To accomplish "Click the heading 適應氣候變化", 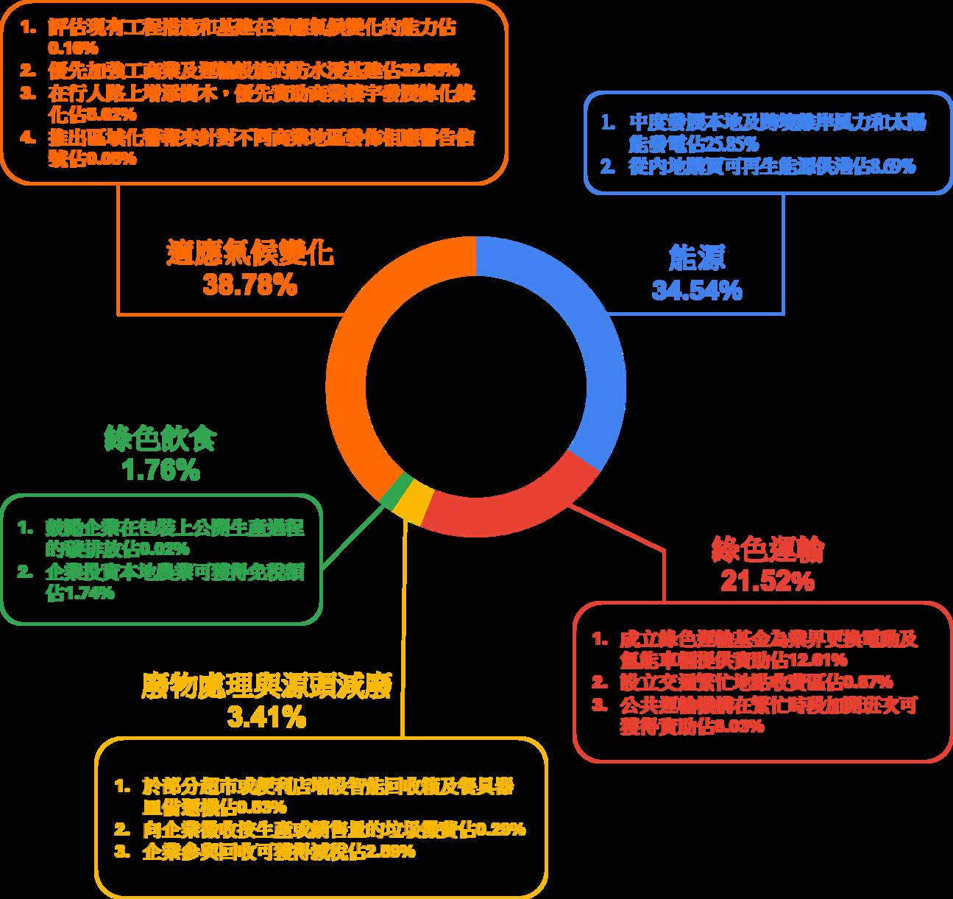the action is pos(250,253).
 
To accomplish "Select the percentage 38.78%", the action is pos(250,285).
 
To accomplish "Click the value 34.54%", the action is pos(696,290).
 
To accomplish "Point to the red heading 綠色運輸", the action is pos(768,549).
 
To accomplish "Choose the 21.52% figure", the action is pos(768,582).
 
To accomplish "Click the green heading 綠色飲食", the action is pos(160,439).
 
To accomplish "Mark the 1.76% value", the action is pos(160,470).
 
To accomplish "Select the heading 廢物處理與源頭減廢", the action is pos(266,685).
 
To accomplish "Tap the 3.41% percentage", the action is pos(266,717).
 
